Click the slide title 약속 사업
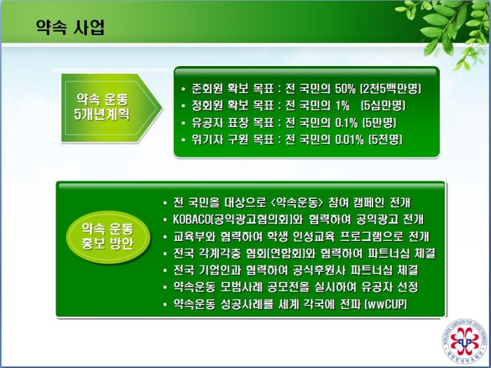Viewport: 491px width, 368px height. tap(70, 27)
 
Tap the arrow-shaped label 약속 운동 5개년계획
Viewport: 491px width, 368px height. tap(112, 108)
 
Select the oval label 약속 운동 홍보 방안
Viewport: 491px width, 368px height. tap(108, 237)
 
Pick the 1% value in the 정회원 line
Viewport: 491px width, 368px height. tap(342, 106)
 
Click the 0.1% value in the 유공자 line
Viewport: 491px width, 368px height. tap(346, 123)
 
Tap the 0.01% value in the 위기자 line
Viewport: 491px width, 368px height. tap(349, 140)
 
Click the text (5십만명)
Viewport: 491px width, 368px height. tap(383, 106)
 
